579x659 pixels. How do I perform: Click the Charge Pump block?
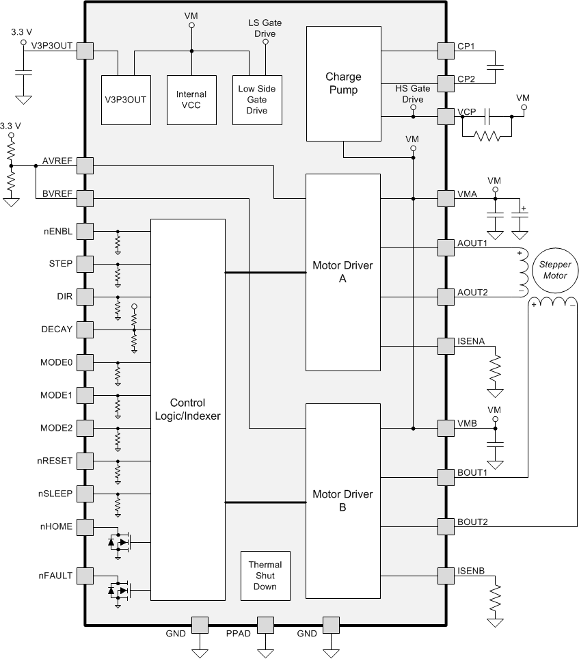point(343,83)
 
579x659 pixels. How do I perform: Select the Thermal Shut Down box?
point(265,576)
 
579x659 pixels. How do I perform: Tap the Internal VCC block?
point(191,99)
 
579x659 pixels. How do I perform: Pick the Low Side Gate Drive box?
point(257,99)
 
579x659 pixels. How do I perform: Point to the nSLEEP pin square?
point(85,494)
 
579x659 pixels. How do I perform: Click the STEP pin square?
point(85,264)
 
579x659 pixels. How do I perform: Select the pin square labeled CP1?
point(446,51)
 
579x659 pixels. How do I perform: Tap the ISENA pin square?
point(446,345)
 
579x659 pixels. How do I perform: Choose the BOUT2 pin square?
point(446,526)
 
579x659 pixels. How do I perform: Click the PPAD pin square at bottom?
point(265,625)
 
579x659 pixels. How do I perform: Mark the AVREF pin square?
point(85,165)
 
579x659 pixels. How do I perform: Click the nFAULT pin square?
point(85,576)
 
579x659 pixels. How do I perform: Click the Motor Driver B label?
point(342,501)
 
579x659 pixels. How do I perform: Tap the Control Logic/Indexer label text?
point(187,409)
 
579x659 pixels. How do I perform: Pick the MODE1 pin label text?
point(56,395)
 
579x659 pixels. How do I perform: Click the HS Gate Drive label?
point(413,94)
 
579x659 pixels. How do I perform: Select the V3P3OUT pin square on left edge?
point(85,51)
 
